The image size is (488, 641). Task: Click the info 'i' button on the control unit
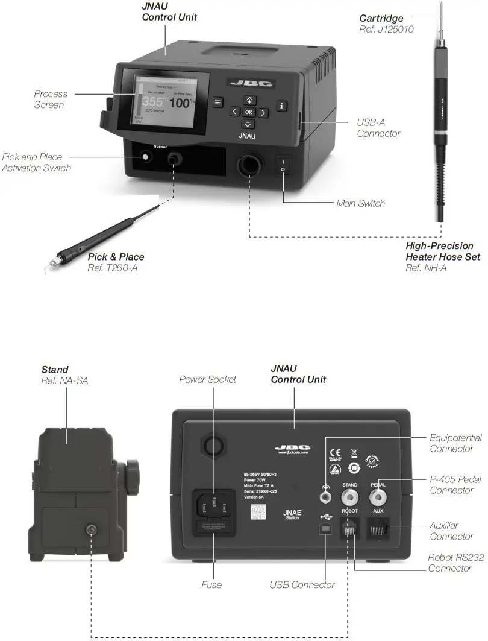283,105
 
